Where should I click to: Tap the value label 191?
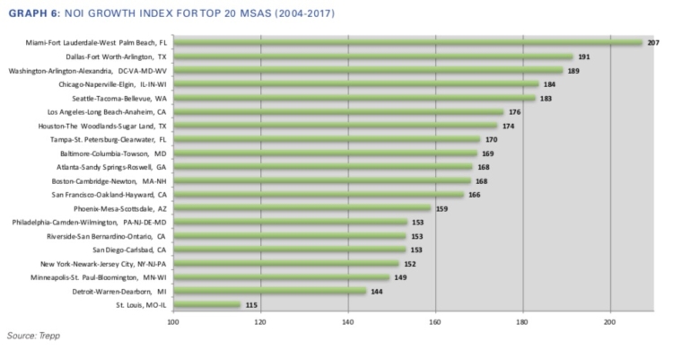pyautogui.click(x=583, y=57)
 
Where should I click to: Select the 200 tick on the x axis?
pyautogui.click(x=610, y=321)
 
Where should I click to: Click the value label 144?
pyautogui.click(x=377, y=292)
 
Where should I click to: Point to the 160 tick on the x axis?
pyautogui.click(x=435, y=321)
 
